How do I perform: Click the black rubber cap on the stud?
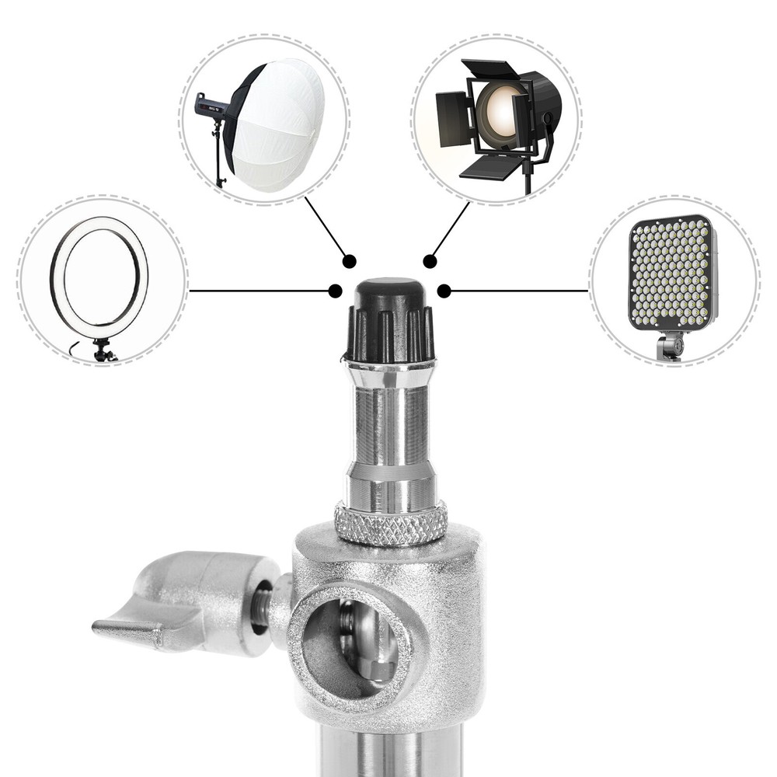tap(389, 319)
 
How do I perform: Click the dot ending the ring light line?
tap(335, 291)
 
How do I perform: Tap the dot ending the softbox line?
tap(350, 261)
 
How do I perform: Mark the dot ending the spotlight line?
tap(429, 261)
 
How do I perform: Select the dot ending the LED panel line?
tap(444, 291)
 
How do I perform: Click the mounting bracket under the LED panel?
tap(669, 345)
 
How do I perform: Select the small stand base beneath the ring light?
tap(103, 354)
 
